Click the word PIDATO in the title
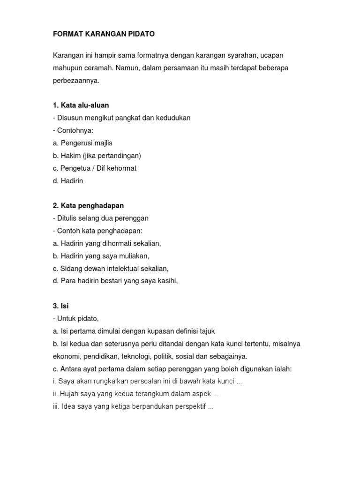point(138,34)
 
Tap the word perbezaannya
point(76,81)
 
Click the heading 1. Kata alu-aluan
point(81,105)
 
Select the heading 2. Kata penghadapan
point(88,206)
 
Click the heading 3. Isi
point(60,306)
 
